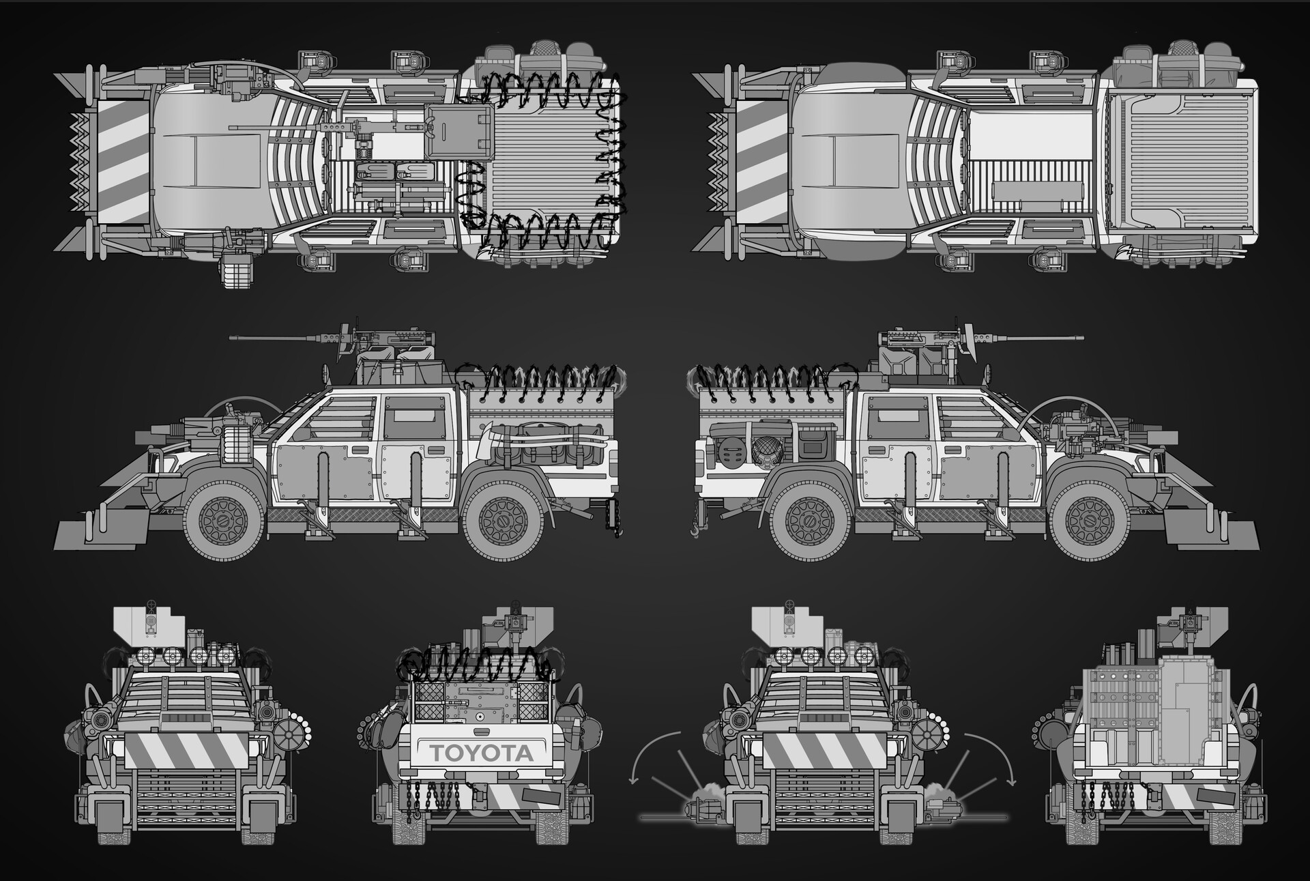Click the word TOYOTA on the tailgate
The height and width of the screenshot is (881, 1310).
pyautogui.click(x=480, y=753)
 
